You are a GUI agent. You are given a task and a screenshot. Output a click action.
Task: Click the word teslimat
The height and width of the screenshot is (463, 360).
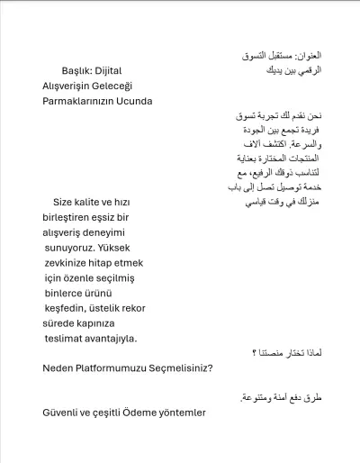click(x=66, y=339)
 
